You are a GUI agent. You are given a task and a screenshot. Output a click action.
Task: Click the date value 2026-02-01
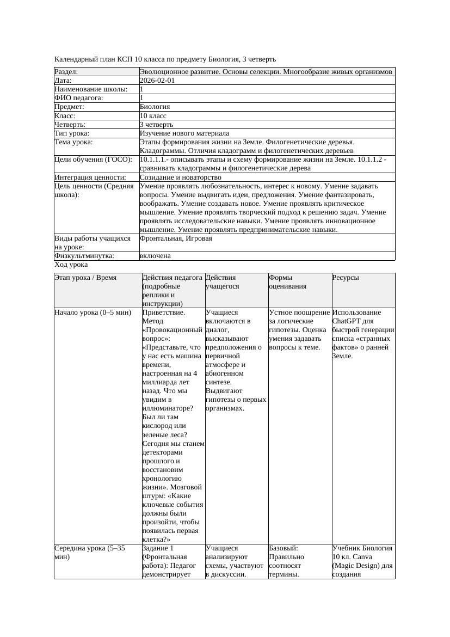click(157, 81)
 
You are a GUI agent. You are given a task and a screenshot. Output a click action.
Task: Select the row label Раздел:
click(66, 72)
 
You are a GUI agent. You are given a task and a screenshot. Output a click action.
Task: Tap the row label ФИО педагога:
click(79, 98)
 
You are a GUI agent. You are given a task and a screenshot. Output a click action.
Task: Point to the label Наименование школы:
click(91, 89)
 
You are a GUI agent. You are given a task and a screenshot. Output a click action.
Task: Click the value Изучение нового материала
click(184, 133)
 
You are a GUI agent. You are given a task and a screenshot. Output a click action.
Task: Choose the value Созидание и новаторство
click(180, 177)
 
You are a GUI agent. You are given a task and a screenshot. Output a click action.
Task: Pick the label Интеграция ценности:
click(90, 177)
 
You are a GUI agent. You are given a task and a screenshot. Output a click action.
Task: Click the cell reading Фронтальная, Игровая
click(176, 238)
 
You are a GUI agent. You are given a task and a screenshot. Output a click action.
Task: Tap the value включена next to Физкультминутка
click(155, 256)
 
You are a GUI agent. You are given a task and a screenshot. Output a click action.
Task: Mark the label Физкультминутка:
click(84, 256)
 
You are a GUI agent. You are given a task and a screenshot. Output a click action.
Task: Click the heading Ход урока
click(71, 265)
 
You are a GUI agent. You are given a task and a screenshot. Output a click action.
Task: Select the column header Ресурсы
click(346, 278)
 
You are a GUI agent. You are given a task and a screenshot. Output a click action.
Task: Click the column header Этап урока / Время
click(85, 278)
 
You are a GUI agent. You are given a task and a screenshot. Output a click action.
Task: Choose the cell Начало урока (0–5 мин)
click(93, 313)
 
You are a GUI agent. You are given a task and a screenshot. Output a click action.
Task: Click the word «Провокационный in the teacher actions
click(172, 330)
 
